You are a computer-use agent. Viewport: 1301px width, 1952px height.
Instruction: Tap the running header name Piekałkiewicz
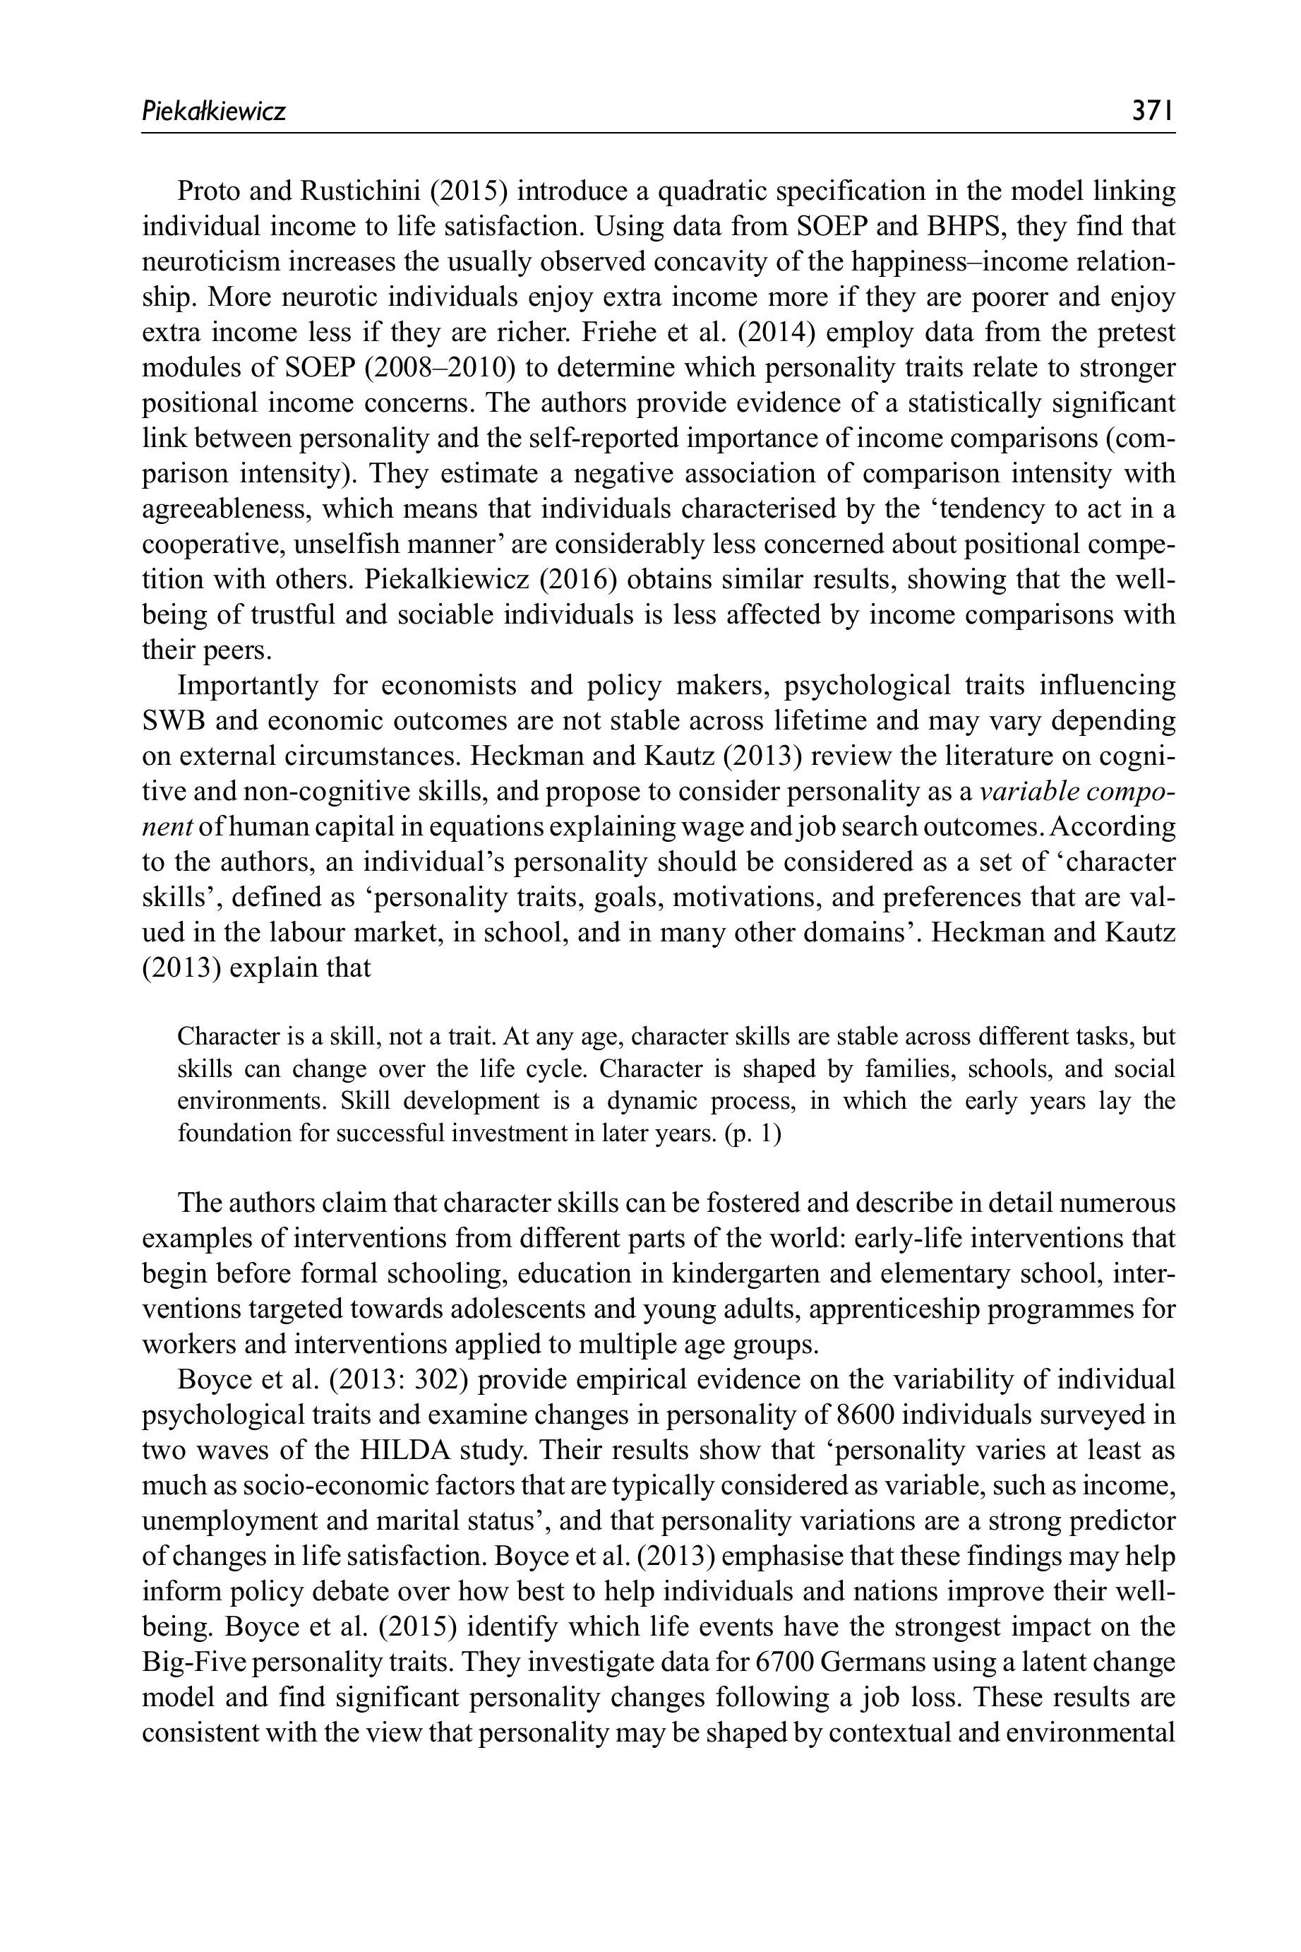[x=213, y=110]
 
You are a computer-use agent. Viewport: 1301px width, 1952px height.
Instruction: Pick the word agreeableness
[x=224, y=508]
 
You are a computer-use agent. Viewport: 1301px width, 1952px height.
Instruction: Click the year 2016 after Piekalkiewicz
[x=578, y=579]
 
